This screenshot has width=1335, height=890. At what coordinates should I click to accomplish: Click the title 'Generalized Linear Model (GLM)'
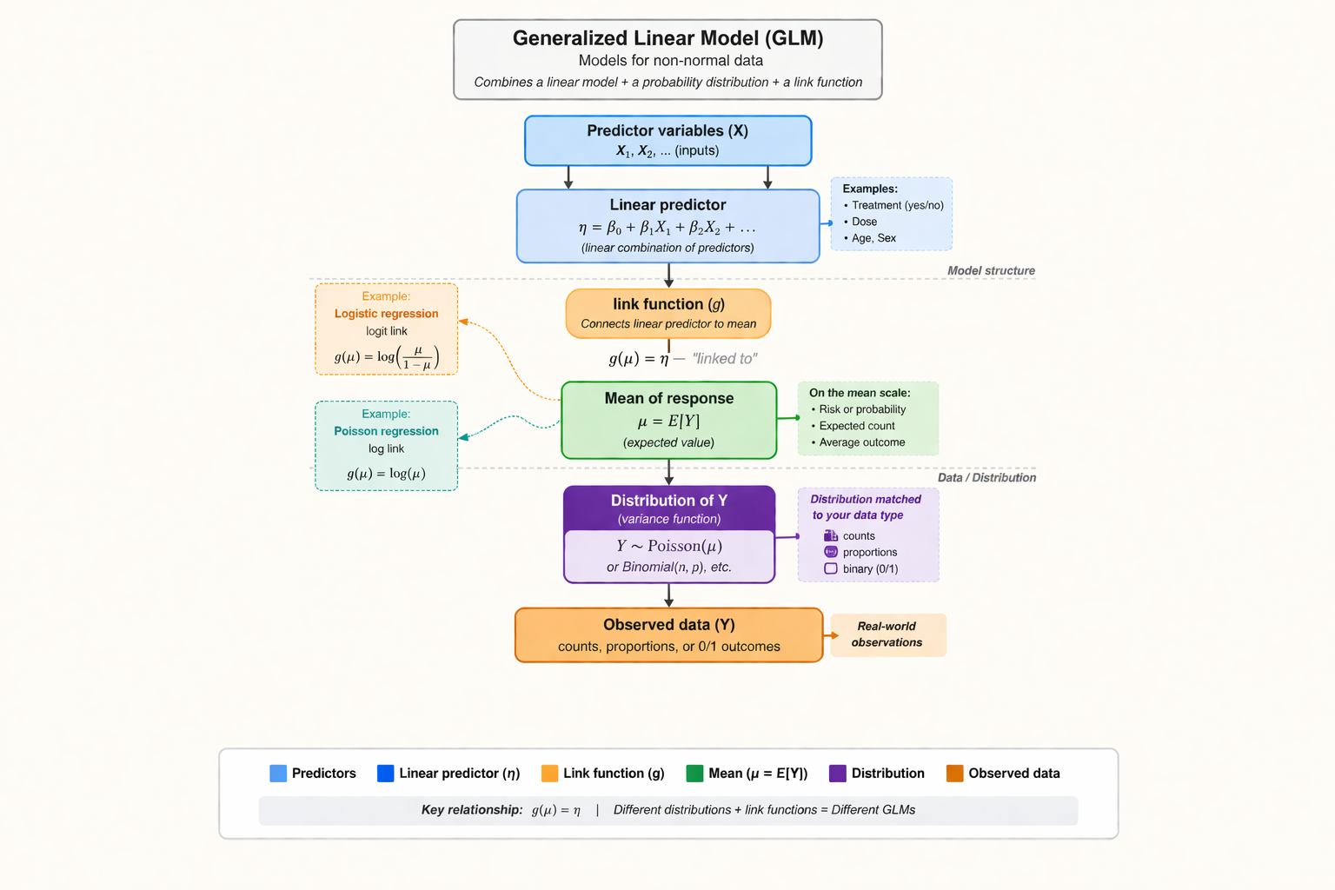coord(667,38)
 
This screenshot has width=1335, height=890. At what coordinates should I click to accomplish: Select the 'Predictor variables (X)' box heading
coord(667,130)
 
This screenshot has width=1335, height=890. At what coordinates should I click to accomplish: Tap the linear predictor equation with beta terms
coord(667,228)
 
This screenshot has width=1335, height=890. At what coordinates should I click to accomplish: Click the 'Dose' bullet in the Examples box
coord(864,222)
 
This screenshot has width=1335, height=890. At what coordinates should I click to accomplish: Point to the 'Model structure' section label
coord(991,270)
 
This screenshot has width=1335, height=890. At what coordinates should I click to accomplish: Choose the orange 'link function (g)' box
coord(668,313)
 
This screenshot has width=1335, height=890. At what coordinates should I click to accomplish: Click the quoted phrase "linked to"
coord(725,358)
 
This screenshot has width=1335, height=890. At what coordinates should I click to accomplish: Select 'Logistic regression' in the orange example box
coord(386,314)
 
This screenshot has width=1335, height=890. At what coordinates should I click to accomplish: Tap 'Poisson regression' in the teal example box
coord(386,431)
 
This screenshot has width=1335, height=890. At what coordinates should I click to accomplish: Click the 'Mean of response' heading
coord(669,398)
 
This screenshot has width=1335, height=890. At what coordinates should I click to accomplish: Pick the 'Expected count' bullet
coord(857,426)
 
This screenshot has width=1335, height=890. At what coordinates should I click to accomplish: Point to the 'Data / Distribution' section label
coord(986,477)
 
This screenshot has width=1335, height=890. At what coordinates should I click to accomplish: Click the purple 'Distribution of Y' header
coord(669,501)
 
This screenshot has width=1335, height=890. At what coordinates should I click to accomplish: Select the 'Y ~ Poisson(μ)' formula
coord(669,546)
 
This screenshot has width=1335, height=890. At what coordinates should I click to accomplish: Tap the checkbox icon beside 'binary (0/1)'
coord(831,568)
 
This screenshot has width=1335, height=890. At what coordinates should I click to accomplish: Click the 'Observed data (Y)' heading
coord(669,625)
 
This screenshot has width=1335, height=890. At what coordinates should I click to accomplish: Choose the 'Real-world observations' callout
coord(887,634)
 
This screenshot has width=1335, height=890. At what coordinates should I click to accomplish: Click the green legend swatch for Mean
coord(694,774)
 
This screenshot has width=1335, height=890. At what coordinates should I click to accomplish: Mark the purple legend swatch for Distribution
coord(838,774)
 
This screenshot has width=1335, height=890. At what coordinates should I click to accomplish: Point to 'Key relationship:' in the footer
coord(472,810)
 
